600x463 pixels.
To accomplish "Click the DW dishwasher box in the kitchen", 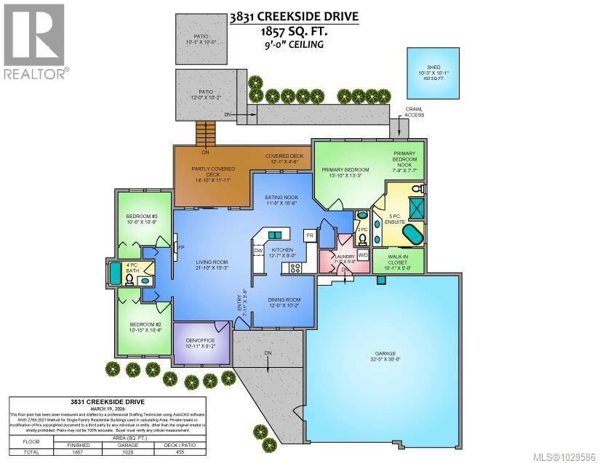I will point(258,251).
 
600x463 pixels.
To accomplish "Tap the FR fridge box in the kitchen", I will point(309,236).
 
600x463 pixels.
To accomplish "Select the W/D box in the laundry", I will point(363,255).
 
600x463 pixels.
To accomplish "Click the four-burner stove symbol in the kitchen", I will point(296,267).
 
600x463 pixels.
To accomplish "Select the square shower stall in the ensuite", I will point(417,208).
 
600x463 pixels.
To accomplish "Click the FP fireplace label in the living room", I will point(180,248).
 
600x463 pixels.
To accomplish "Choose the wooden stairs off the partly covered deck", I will point(206,134).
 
